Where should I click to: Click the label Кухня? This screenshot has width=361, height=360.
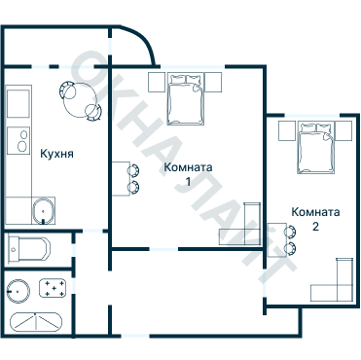[x=56, y=154]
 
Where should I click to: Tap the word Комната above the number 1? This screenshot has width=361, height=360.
[x=188, y=167]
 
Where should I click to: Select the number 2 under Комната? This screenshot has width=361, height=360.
[x=315, y=226]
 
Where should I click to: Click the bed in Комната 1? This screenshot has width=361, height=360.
[x=186, y=99]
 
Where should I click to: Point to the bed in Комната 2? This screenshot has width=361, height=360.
[x=316, y=148]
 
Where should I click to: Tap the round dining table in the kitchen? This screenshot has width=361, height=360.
[x=80, y=100]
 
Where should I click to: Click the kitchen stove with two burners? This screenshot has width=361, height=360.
[x=18, y=140]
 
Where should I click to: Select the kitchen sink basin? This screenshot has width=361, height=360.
[x=43, y=211]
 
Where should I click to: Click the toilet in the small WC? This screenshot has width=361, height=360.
[x=29, y=249]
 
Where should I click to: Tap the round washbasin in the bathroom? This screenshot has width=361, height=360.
[x=18, y=291]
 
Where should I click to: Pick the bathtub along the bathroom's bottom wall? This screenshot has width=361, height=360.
[x=36, y=322]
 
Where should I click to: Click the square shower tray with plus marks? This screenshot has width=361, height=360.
[x=54, y=288]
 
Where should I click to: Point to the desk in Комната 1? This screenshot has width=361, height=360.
[x=121, y=179]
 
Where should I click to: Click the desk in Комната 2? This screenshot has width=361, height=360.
[x=277, y=239]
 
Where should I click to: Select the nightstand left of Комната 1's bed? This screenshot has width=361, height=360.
[x=157, y=83]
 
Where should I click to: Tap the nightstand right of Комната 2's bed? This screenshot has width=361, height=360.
[x=343, y=130]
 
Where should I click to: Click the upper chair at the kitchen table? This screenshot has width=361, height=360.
[x=68, y=90]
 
